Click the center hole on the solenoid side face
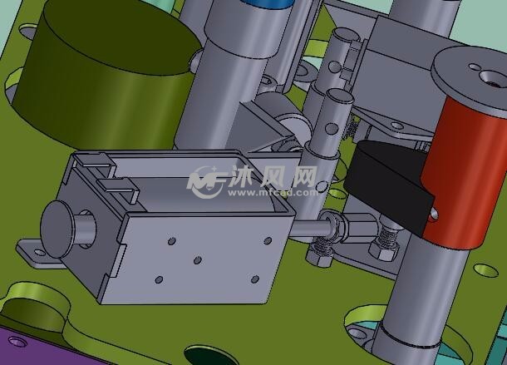pos(198,260)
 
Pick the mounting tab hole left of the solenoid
pos(39,252)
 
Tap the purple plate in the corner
pos(39,346)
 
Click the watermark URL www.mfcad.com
pos(273,193)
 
